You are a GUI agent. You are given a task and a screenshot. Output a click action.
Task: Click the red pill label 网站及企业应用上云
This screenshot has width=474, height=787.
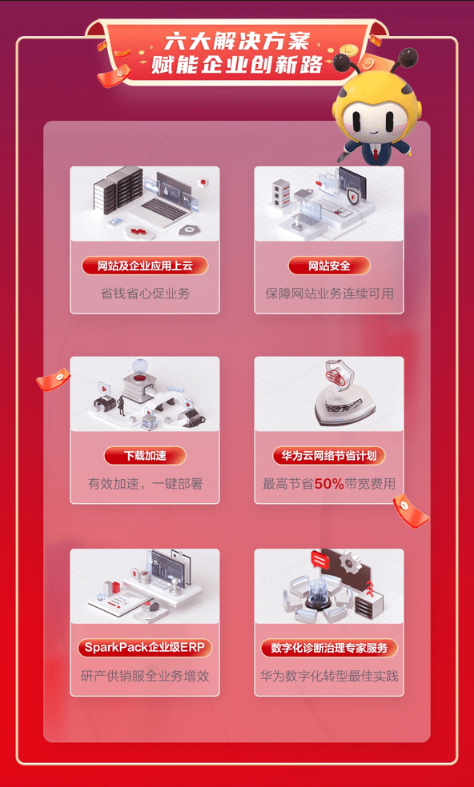pyautogui.click(x=145, y=266)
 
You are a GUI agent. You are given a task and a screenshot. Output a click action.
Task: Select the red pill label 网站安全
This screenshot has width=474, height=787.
pyautogui.click(x=329, y=266)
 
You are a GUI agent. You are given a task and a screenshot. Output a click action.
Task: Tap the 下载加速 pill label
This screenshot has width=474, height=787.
pyautogui.click(x=145, y=456)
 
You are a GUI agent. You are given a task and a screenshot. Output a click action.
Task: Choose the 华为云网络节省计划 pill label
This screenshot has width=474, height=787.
pyautogui.click(x=329, y=456)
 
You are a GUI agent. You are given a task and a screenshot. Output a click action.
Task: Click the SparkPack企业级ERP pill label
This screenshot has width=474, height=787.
pyautogui.click(x=145, y=647)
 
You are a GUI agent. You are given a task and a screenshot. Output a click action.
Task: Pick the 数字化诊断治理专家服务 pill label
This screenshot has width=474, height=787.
pyautogui.click(x=329, y=647)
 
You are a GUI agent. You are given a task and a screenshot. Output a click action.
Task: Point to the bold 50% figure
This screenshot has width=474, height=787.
pyautogui.click(x=328, y=483)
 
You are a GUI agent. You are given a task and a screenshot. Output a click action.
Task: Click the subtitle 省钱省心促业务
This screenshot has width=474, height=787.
pyautogui.click(x=145, y=294)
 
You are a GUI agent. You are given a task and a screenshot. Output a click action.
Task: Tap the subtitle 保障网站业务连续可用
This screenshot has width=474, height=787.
pyautogui.click(x=329, y=294)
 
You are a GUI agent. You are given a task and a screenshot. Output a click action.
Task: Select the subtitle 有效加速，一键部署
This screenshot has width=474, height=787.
pyautogui.click(x=145, y=483)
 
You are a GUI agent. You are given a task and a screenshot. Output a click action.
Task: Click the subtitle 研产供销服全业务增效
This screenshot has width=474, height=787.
pyautogui.click(x=145, y=676)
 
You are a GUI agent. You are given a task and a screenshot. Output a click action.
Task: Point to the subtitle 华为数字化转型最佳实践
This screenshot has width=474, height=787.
pyautogui.click(x=329, y=676)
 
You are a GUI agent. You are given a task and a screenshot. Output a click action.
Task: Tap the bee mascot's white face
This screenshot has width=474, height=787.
pyautogui.click(x=368, y=121)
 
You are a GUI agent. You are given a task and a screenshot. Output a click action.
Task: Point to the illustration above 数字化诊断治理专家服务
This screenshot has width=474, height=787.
pyautogui.click(x=329, y=585)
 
